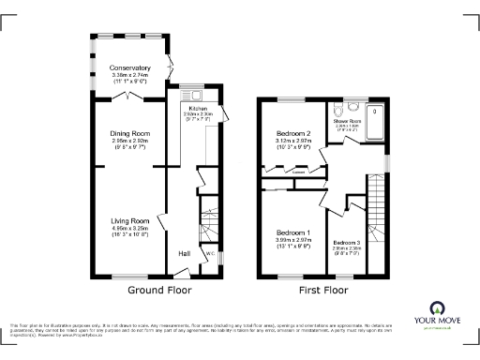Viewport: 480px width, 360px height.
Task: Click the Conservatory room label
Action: pos(129,67)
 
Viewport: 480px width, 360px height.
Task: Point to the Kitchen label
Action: pos(199,109)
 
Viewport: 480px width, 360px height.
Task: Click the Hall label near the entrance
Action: pos(186,253)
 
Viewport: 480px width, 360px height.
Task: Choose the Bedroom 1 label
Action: pos(293,232)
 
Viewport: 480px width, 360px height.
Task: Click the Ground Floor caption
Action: pos(159,290)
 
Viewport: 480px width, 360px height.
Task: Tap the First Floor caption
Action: pos(323,290)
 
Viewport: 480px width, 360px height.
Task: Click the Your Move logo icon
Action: pos(436,309)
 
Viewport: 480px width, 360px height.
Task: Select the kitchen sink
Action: pos(197,96)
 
